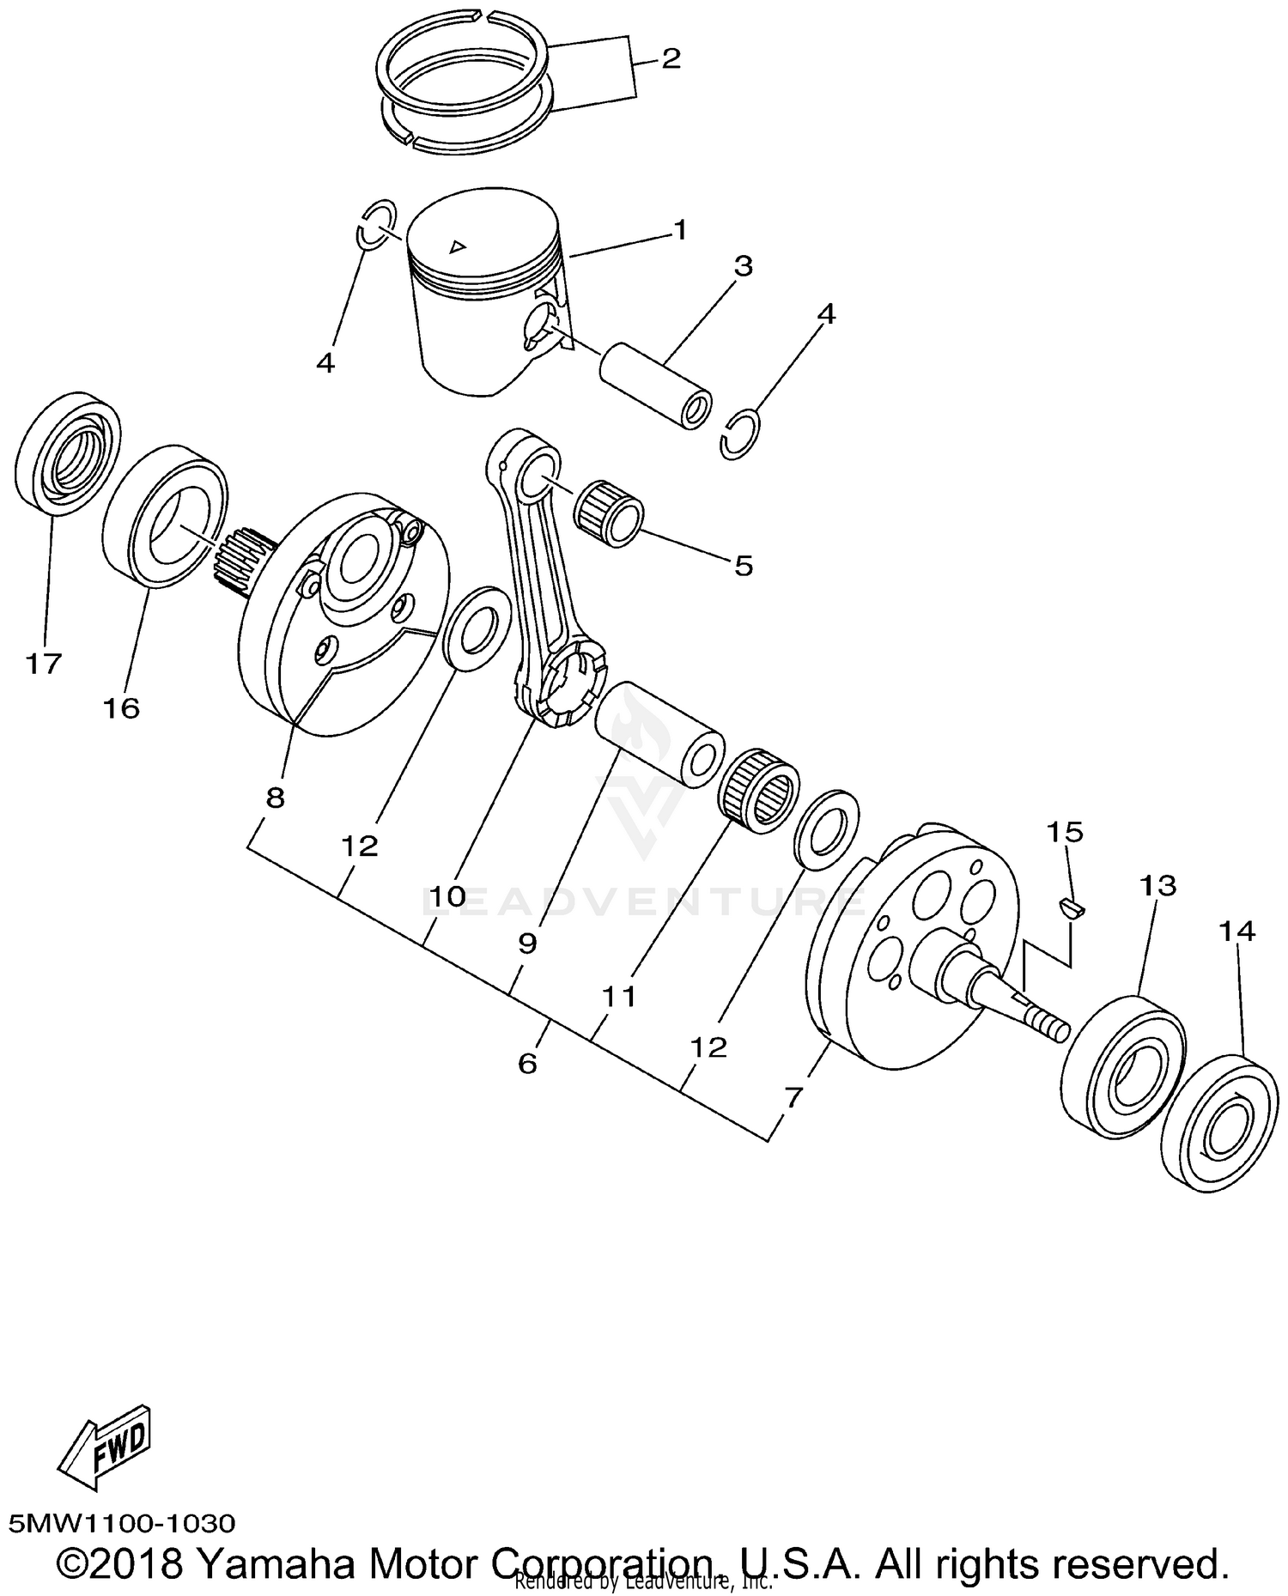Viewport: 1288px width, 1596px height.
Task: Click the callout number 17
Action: click(43, 663)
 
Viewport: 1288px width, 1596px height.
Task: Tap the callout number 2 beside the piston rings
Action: click(671, 59)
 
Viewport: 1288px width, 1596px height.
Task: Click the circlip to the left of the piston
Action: click(376, 223)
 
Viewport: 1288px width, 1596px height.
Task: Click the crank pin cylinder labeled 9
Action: click(659, 734)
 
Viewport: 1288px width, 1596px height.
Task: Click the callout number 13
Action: click(1157, 885)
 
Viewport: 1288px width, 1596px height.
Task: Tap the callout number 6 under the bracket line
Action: click(527, 1063)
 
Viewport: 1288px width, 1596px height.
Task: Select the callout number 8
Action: click(275, 798)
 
